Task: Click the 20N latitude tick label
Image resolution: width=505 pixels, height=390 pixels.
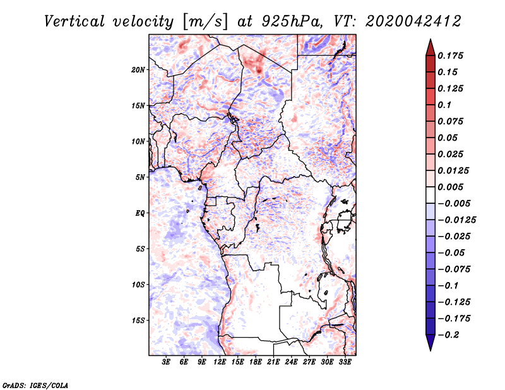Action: click(138, 69)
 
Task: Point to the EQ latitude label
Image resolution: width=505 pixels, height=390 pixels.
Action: click(140, 213)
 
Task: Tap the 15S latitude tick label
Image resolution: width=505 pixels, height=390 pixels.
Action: click(138, 321)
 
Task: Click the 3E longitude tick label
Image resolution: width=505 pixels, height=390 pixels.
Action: click(167, 362)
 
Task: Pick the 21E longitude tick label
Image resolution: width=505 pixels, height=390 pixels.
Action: click(274, 362)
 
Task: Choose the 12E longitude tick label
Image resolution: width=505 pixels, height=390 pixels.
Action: click(220, 362)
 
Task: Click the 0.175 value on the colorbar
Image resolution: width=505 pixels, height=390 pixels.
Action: click(451, 56)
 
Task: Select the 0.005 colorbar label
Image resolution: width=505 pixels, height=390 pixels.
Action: click(451, 187)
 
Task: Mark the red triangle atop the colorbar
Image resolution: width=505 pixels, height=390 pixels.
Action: click(429, 47)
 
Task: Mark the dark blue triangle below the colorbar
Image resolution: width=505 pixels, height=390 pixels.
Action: click(429, 343)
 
